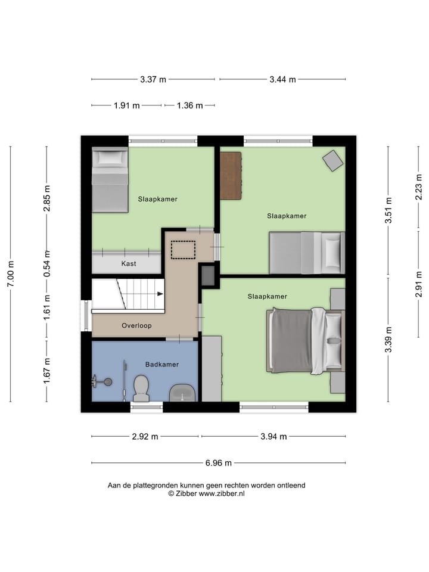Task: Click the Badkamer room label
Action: [162, 364]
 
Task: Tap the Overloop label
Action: [136, 326]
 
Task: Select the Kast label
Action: [129, 263]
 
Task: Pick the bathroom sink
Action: [182, 393]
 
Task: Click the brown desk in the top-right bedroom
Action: [231, 176]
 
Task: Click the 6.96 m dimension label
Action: [219, 463]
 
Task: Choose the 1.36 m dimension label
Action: [189, 105]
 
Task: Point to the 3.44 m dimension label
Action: [282, 79]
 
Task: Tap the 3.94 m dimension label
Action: [273, 436]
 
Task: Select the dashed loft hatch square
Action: [183, 249]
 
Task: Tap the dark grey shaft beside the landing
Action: [208, 275]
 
